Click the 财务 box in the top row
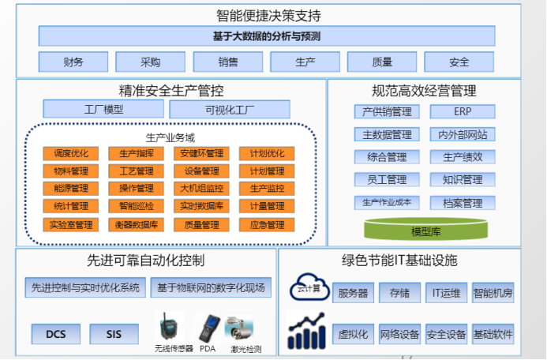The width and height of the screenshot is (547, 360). point(73,62)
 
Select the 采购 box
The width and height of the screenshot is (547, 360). point(150,62)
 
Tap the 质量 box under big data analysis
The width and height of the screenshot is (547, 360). point(381,62)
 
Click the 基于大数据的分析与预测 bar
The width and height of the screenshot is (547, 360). point(267,36)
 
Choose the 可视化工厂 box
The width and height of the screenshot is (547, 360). point(230,110)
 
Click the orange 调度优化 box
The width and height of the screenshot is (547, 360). point(70,154)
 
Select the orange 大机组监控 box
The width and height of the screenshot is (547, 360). point(202,189)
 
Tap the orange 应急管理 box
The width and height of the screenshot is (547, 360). point(267,224)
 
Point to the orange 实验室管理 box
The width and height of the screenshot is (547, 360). point(70,224)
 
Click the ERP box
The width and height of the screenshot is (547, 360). point(463,112)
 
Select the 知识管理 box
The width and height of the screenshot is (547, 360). point(463,180)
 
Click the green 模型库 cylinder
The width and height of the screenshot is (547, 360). point(425,231)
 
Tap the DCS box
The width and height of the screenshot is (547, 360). point(55,334)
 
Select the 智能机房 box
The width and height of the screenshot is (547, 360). point(493,293)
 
